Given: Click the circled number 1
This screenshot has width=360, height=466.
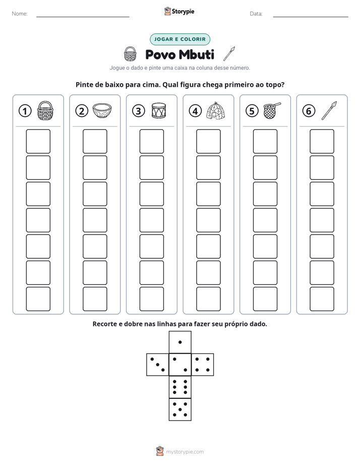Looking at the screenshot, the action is (x=25, y=111).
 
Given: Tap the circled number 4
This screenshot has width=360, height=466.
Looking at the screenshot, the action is (x=195, y=111).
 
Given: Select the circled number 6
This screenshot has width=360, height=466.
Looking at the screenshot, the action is (x=309, y=111).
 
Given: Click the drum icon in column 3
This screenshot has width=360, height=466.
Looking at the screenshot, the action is (x=159, y=110).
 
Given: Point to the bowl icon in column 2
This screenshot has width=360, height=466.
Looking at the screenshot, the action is (x=102, y=110).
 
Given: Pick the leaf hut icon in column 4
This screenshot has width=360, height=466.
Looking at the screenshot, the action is (x=216, y=110).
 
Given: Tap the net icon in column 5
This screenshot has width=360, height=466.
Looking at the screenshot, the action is (x=272, y=110).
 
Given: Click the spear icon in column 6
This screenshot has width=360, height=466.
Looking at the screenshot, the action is (x=329, y=110).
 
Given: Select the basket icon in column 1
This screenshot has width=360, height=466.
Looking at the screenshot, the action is (x=45, y=110).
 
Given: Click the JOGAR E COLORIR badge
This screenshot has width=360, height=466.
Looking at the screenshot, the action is (x=180, y=39).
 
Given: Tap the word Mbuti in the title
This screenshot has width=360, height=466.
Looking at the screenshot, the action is (x=197, y=54).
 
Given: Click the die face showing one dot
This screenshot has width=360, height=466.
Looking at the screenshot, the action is (x=180, y=342).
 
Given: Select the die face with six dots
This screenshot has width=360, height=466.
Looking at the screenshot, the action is (x=180, y=387).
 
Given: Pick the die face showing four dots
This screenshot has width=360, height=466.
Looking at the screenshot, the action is (x=203, y=365).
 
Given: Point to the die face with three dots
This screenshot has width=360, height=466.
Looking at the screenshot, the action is (x=158, y=365).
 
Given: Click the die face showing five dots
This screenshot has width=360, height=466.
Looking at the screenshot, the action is (x=180, y=410).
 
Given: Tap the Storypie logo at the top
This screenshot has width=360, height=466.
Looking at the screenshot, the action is (x=179, y=12).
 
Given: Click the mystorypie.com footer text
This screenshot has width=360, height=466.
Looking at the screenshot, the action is (x=185, y=452).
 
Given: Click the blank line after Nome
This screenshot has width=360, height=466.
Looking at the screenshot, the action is (x=83, y=17).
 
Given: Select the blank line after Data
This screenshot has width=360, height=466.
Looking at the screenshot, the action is (x=311, y=17).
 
